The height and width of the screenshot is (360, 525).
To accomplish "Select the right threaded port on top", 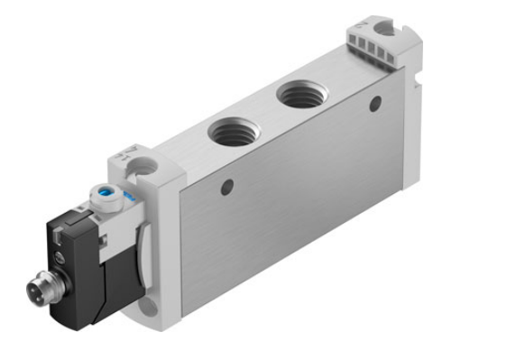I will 301,92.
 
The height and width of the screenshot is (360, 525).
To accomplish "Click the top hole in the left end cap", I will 144,166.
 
